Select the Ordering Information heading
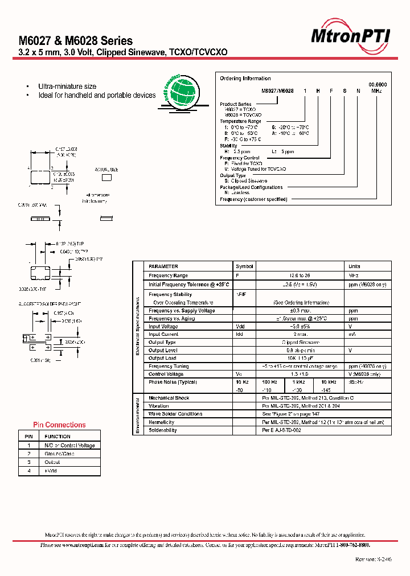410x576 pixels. pyautogui.click(x=245, y=79)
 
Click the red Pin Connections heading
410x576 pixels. pyautogui.click(x=59, y=425)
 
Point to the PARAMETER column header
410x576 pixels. pyautogui.click(x=163, y=266)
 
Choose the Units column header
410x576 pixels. pyautogui.click(x=354, y=266)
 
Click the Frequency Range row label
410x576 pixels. pyautogui.click(x=168, y=275)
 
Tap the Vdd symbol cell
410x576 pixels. pyautogui.click(x=240, y=327)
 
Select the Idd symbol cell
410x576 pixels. pyautogui.click(x=240, y=335)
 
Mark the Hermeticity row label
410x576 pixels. pyautogui.click(x=162, y=422)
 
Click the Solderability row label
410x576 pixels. pyautogui.click(x=163, y=430)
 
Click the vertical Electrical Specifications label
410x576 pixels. pyautogui.click(x=137, y=329)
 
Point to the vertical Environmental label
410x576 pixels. pyautogui.click(x=137, y=414)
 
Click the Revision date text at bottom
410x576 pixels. pyautogui.click(x=373, y=559)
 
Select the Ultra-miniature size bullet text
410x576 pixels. pyautogui.click(x=67, y=87)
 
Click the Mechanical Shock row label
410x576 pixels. pyautogui.click(x=169, y=398)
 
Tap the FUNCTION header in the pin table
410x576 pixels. pyautogui.click(x=58, y=437)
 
